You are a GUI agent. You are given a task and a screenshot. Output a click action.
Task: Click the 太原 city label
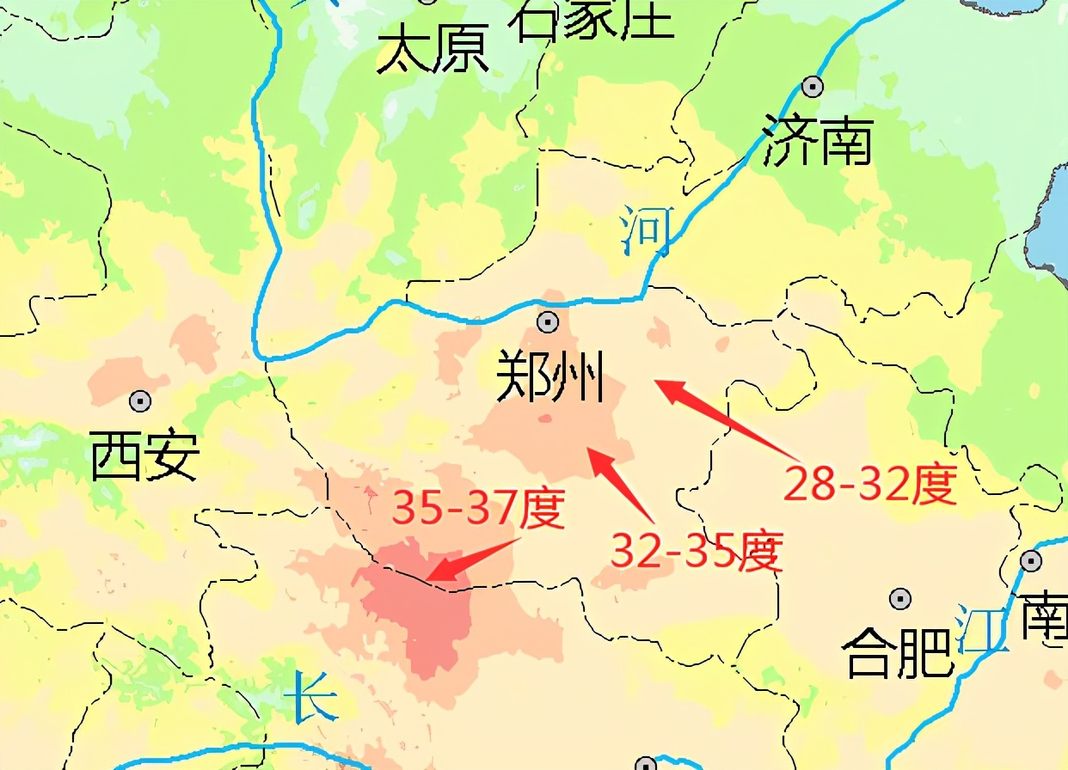pos(433,50)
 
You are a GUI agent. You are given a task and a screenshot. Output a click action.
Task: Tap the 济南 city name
pos(818,142)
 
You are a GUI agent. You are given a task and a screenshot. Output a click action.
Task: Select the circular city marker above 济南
pos(812,86)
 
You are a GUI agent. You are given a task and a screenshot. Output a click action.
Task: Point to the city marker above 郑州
pos(547,322)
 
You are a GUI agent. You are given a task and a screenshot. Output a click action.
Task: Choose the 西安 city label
pos(145,456)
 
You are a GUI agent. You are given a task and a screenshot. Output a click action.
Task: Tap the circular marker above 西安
pos(140,400)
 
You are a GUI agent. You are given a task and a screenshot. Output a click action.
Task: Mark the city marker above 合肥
pos(900,598)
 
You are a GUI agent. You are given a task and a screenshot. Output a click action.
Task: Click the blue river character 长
pos(309,698)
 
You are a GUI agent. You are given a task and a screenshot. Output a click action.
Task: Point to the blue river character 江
pos(984,630)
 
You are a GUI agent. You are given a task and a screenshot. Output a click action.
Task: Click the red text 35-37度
pos(478,510)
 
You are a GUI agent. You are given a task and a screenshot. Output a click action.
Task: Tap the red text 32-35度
pos(697,550)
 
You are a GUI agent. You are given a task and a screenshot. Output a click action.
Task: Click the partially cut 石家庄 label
pos(593,19)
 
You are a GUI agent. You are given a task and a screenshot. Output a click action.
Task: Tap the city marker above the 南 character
pos(1031,561)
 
